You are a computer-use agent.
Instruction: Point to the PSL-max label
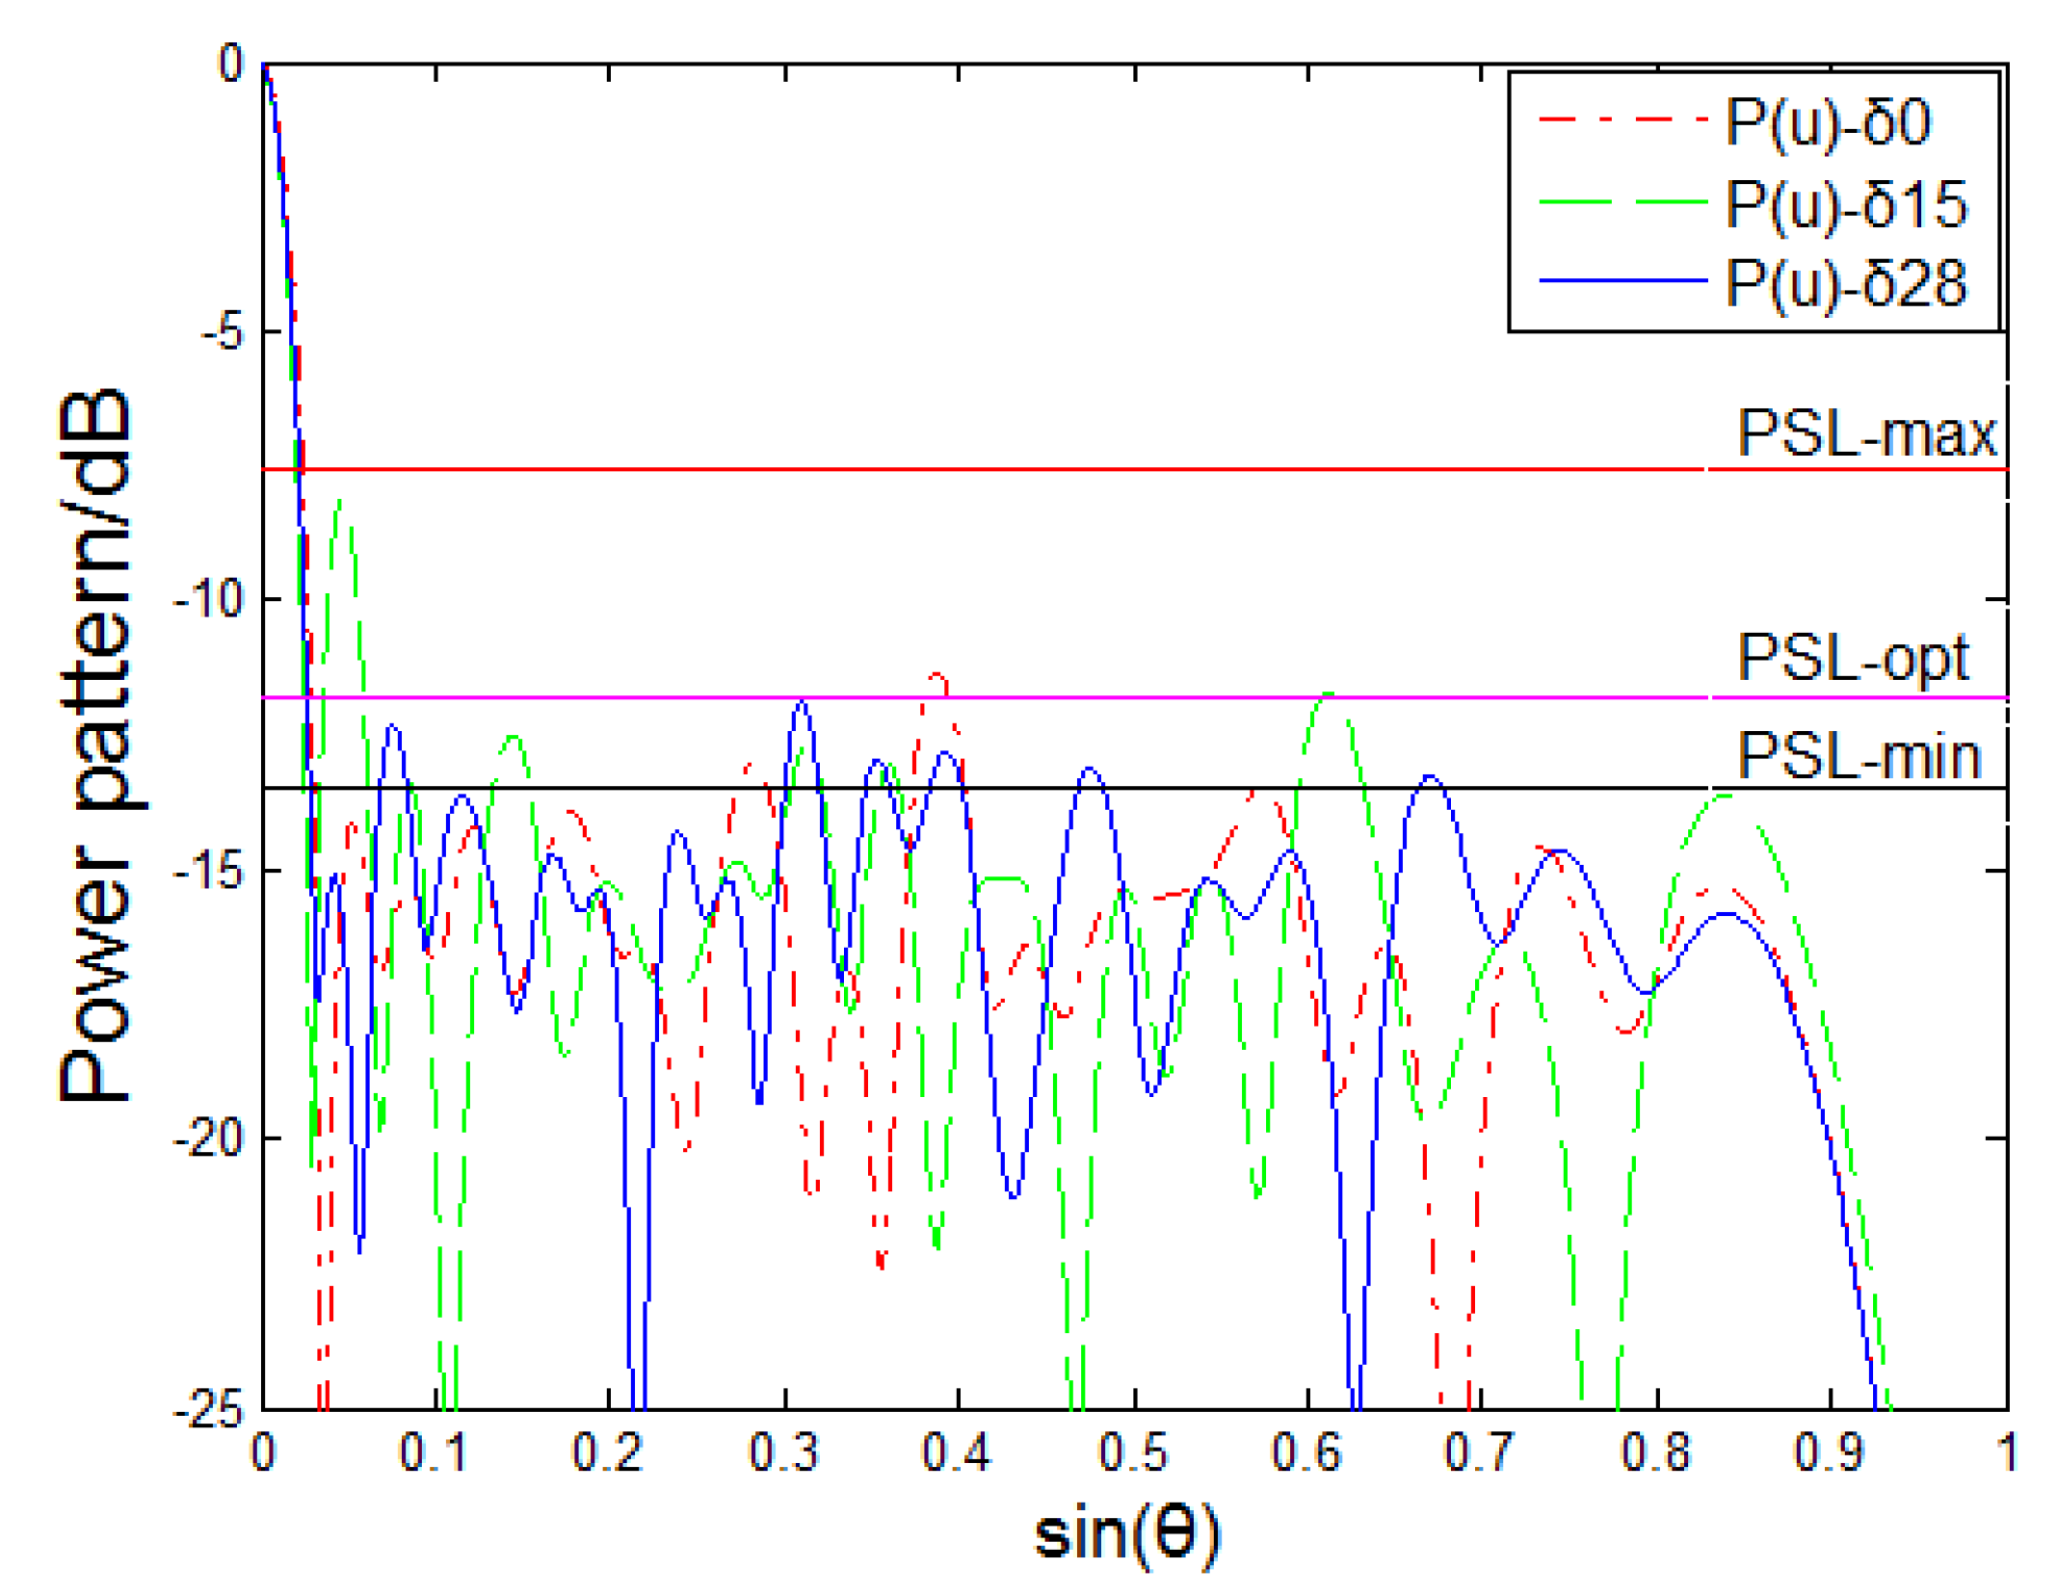pyautogui.click(x=1866, y=434)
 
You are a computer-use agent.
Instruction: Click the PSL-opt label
pyautogui.click(x=1852, y=660)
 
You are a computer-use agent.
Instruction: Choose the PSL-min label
pyautogui.click(x=1858, y=756)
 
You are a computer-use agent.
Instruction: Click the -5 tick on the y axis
pyautogui.click(x=222, y=332)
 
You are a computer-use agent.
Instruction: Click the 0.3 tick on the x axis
pyautogui.click(x=784, y=1452)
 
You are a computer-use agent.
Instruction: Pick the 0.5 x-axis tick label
pyautogui.click(x=1133, y=1452)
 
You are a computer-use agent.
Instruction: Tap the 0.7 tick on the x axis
pyautogui.click(x=1481, y=1452)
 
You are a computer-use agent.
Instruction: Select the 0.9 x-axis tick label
pyautogui.click(x=1829, y=1452)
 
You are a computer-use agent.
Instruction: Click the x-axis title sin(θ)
pyautogui.click(x=1126, y=1533)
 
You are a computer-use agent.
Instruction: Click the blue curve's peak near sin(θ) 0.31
pyautogui.click(x=802, y=704)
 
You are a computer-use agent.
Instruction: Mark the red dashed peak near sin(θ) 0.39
pyautogui.click(x=936, y=676)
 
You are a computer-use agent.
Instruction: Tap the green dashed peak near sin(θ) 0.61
pyautogui.click(x=1330, y=694)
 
